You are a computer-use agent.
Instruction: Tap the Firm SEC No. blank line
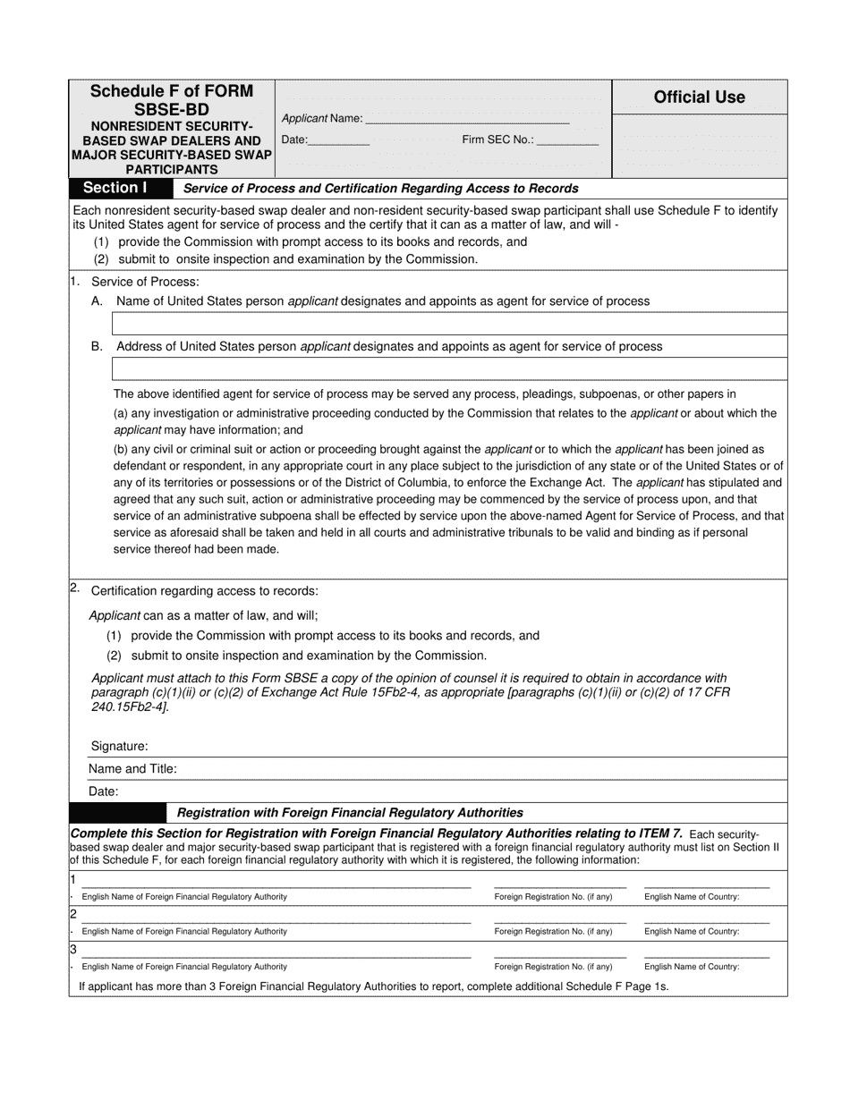pyautogui.click(x=568, y=140)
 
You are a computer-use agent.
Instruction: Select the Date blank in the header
pyautogui.click(x=339, y=140)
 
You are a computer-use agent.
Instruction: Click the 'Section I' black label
pyautogui.click(x=115, y=188)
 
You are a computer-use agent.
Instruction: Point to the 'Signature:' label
pyautogui.click(x=119, y=746)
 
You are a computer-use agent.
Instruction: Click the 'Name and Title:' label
pyautogui.click(x=132, y=768)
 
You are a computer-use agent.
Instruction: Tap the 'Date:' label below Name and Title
pyautogui.click(x=103, y=791)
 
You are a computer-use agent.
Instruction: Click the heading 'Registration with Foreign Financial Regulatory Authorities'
pyautogui.click(x=350, y=813)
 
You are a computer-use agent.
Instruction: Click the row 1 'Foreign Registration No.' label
pyautogui.click(x=553, y=896)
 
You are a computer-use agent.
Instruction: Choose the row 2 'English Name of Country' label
pyautogui.click(x=692, y=931)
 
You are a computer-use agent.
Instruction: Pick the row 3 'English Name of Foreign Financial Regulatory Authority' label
pyautogui.click(x=184, y=967)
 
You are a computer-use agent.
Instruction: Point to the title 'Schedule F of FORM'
pyautogui.click(x=172, y=91)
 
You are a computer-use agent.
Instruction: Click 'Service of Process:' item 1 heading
pyautogui.click(x=145, y=282)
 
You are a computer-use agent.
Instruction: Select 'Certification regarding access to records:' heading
pyautogui.click(x=204, y=591)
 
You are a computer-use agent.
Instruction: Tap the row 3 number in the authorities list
pyautogui.click(x=73, y=950)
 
